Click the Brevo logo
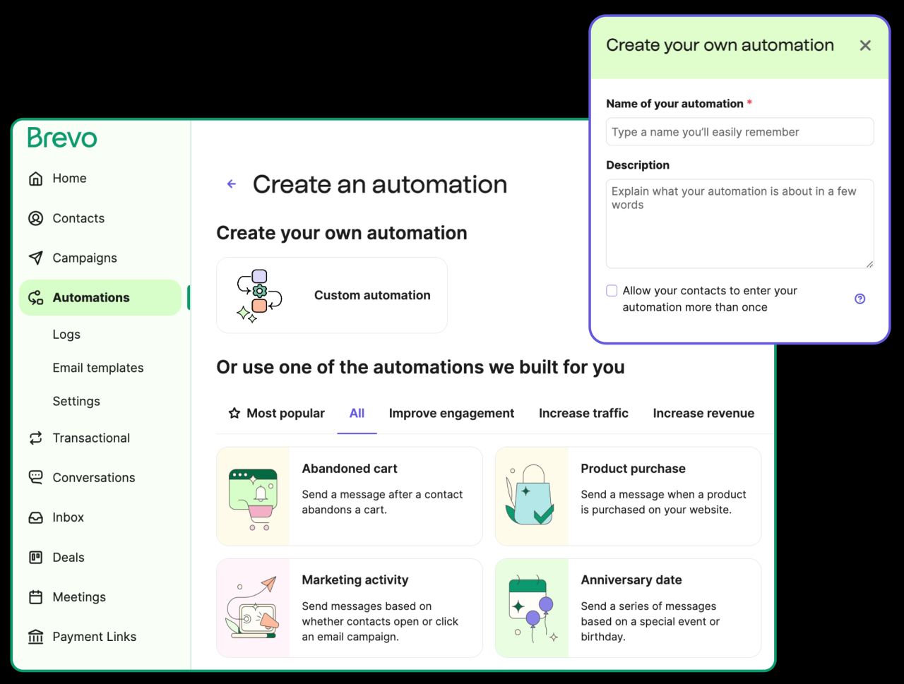tap(62, 138)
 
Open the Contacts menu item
tap(78, 218)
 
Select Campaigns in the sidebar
tap(84, 258)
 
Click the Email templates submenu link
tap(97, 368)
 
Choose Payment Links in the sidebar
tap(94, 637)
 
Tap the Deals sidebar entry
tap(68, 558)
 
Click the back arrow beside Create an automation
tap(231, 184)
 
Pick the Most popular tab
tap(276, 414)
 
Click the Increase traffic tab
tap(583, 414)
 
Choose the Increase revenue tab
tap(703, 414)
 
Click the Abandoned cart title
tap(350, 469)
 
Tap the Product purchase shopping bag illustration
tap(531, 496)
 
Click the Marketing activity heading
tap(355, 580)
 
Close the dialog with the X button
tap(865, 45)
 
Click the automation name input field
tap(739, 132)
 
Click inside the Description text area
tap(739, 224)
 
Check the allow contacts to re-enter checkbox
tap(612, 291)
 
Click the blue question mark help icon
tap(860, 299)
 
